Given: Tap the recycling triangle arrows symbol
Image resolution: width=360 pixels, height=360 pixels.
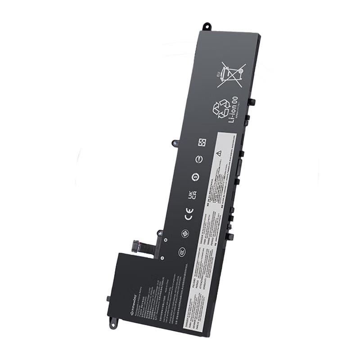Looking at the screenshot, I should coord(222,109).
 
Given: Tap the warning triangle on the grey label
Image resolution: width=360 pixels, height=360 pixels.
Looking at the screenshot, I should coord(219,153).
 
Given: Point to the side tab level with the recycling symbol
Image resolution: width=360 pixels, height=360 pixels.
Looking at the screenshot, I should coord(252,102).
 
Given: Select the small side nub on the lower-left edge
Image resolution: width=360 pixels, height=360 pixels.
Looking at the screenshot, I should coord(108,298).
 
